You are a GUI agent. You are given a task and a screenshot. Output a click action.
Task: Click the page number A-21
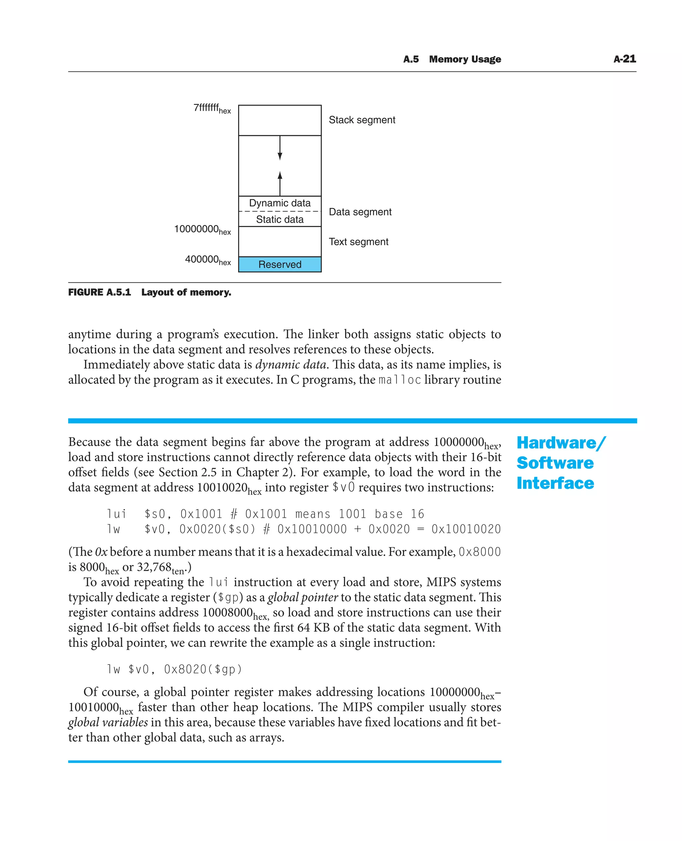[624, 59]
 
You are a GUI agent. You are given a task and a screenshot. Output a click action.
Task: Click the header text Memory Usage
[465, 59]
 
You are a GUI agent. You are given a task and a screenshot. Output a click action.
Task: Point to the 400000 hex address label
[207, 260]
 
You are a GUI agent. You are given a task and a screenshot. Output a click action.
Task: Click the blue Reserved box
[280, 264]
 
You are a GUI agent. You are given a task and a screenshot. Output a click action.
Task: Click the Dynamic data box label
[280, 203]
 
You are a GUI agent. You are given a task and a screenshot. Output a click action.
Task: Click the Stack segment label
[362, 120]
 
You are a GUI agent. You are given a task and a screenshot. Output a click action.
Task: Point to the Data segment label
[360, 212]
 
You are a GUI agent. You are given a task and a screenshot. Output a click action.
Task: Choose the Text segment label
[358, 242]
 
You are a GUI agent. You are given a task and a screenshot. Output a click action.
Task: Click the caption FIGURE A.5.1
[99, 292]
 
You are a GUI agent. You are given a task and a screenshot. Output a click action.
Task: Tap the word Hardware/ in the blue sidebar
[561, 443]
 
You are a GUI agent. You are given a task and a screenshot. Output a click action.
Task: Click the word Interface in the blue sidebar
[555, 483]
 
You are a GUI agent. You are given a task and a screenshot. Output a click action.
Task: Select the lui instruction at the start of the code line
[117, 514]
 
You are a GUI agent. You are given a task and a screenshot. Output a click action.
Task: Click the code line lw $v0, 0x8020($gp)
[174, 669]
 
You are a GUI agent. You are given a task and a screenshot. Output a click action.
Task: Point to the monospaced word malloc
[399, 380]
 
